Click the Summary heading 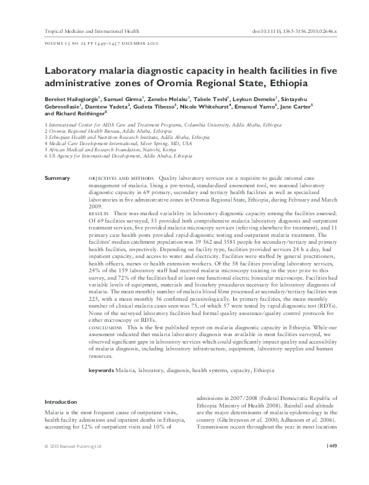(58, 178)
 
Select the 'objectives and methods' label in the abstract (118, 178)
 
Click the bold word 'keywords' (101, 370)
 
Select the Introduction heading (61, 402)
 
